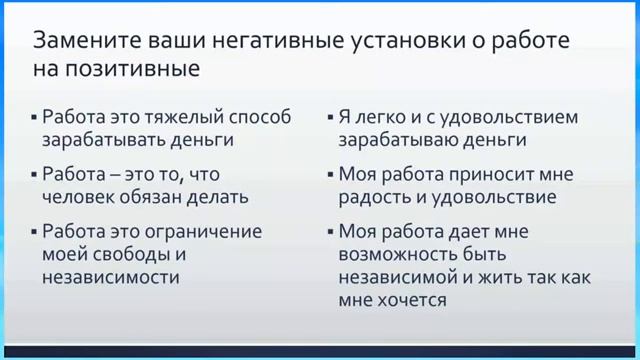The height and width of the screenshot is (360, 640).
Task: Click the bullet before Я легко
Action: click(x=328, y=118)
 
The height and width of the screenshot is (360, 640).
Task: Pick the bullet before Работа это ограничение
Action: click(x=33, y=232)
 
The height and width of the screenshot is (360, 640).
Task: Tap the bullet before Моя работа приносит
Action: click(x=328, y=175)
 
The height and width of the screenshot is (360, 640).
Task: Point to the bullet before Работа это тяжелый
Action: click(x=33, y=118)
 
